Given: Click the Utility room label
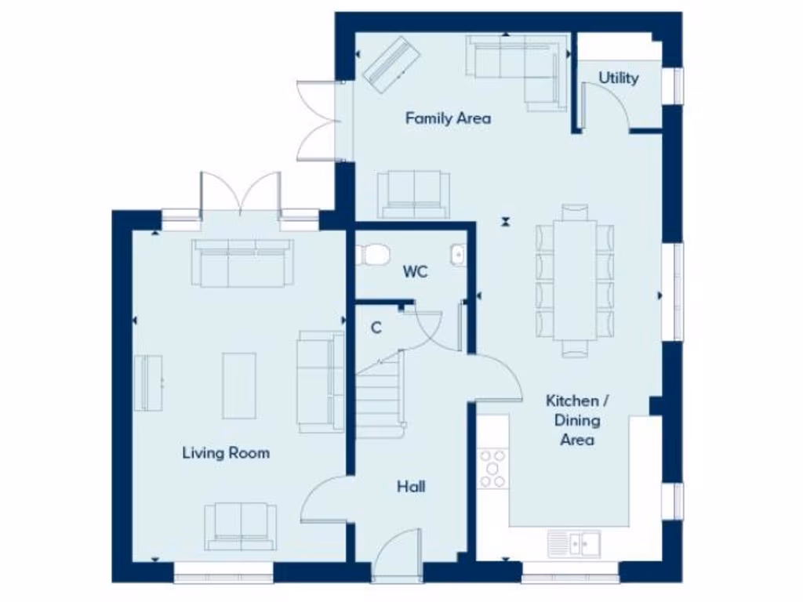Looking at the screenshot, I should pyautogui.click(x=619, y=78).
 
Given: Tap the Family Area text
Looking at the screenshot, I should pyautogui.click(x=448, y=118).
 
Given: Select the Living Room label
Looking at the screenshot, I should pyautogui.click(x=226, y=452).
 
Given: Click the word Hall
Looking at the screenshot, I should pyautogui.click(x=411, y=487).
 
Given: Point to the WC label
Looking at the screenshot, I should pyautogui.click(x=415, y=272).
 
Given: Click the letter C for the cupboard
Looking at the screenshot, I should pyautogui.click(x=376, y=328).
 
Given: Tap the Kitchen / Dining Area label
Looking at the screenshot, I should pyautogui.click(x=577, y=420).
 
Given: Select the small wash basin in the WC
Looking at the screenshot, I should pyautogui.click(x=456, y=255).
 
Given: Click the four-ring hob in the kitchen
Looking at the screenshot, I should pyautogui.click(x=494, y=468).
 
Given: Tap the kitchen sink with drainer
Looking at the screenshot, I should pyautogui.click(x=574, y=542).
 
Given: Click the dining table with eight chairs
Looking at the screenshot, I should pyautogui.click(x=575, y=281).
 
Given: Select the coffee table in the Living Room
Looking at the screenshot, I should pyautogui.click(x=239, y=385).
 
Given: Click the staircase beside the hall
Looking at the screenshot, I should pyautogui.click(x=380, y=392).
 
